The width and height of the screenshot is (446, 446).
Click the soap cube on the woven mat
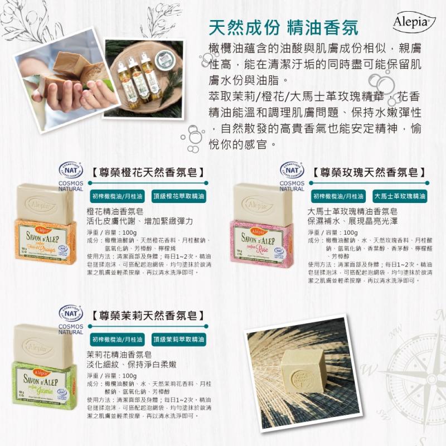point(304,371)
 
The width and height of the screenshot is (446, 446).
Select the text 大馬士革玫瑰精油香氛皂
point(352,212)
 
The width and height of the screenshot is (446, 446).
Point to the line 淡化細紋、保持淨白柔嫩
point(132,364)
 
